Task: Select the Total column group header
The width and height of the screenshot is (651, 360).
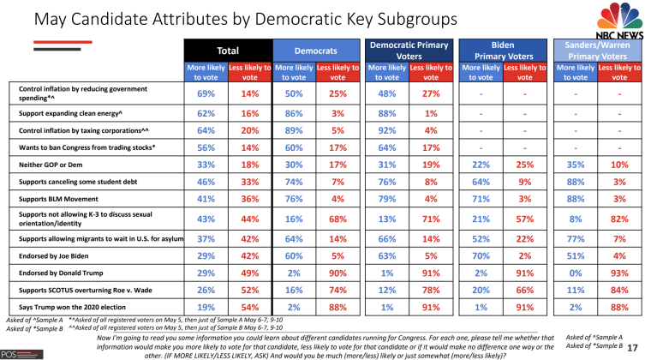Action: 228,51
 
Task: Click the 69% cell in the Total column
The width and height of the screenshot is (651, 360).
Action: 206,93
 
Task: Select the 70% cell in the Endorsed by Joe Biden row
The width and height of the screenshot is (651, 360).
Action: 480,256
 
